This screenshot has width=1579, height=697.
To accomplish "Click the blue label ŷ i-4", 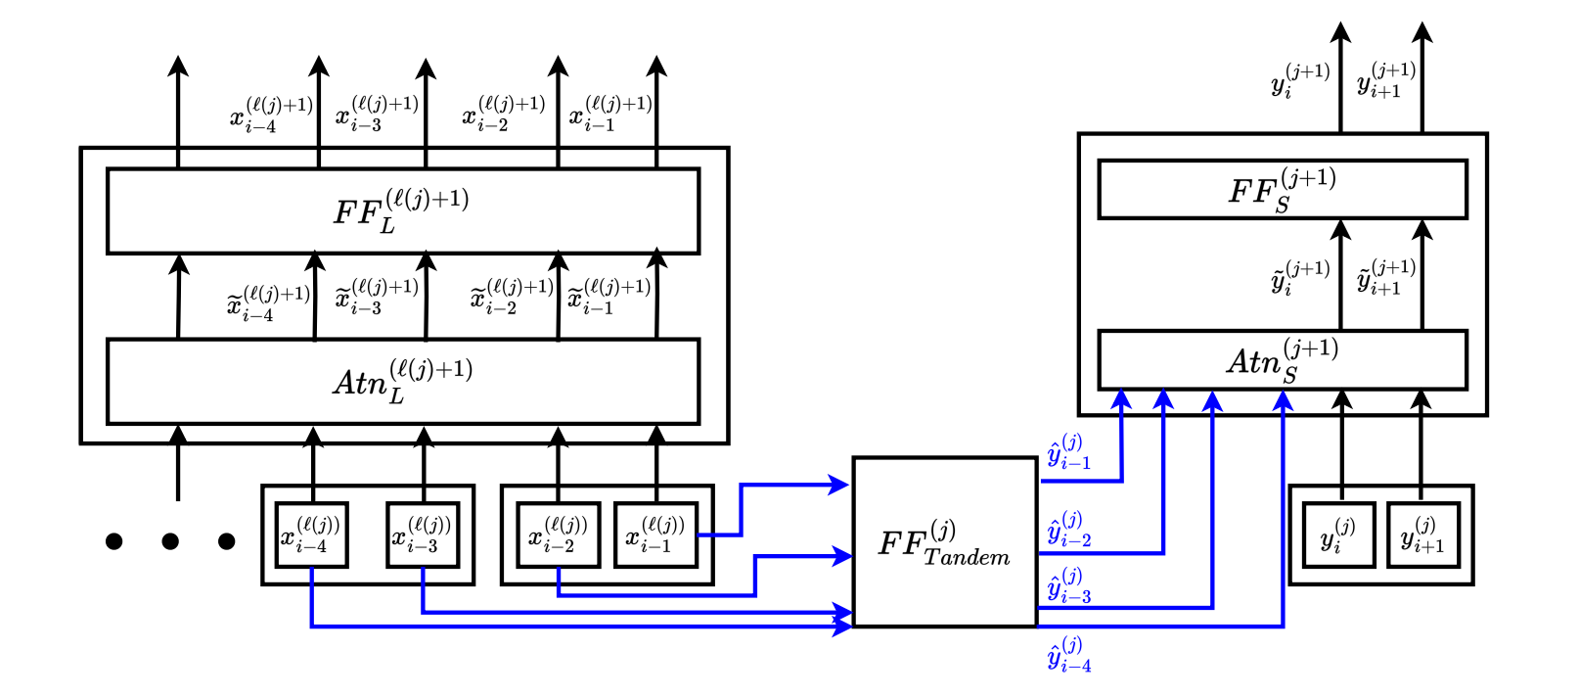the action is [1069, 654].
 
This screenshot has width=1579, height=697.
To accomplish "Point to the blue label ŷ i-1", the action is [1069, 451].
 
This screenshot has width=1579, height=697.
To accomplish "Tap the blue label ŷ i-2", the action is [1069, 529].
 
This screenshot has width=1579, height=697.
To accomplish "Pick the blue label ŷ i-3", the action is [1069, 585].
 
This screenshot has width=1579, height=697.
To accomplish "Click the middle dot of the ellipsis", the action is [170, 541].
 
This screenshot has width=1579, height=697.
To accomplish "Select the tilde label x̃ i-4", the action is [269, 303].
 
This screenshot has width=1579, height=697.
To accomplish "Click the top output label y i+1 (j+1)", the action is [1386, 79].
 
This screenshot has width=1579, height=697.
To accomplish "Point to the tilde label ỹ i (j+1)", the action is [1300, 277].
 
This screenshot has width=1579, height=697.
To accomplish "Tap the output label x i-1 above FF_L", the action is [610, 113].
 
